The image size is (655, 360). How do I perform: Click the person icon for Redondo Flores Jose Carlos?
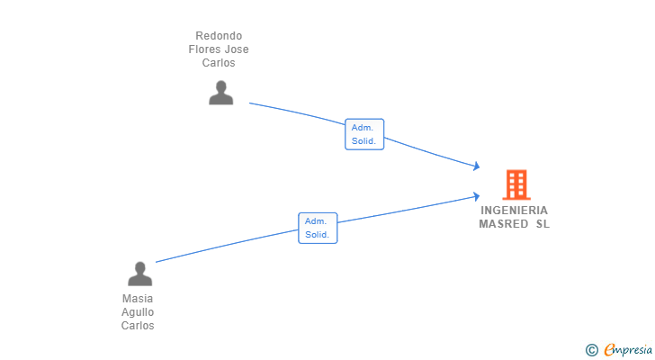point(220,93)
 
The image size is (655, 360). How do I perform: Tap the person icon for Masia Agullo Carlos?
point(139,274)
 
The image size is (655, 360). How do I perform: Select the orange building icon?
point(516,184)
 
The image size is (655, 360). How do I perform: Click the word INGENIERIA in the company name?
point(514,211)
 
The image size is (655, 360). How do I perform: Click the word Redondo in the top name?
point(219,36)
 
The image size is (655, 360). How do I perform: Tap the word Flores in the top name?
point(204,49)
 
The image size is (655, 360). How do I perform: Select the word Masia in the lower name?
point(138,299)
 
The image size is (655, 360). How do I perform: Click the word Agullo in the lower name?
point(138,312)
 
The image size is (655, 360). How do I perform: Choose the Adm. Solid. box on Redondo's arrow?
point(364,134)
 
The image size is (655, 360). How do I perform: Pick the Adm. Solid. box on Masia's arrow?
point(318,228)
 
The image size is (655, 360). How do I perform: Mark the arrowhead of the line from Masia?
point(476,195)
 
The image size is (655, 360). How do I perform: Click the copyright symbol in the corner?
point(591,349)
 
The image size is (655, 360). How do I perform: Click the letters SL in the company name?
point(543,224)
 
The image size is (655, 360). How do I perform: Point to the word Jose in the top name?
point(236,49)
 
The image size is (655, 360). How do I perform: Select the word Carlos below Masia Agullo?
point(138,326)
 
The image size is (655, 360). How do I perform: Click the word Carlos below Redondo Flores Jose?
point(219,63)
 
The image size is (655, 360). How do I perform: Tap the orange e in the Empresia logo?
point(609,349)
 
